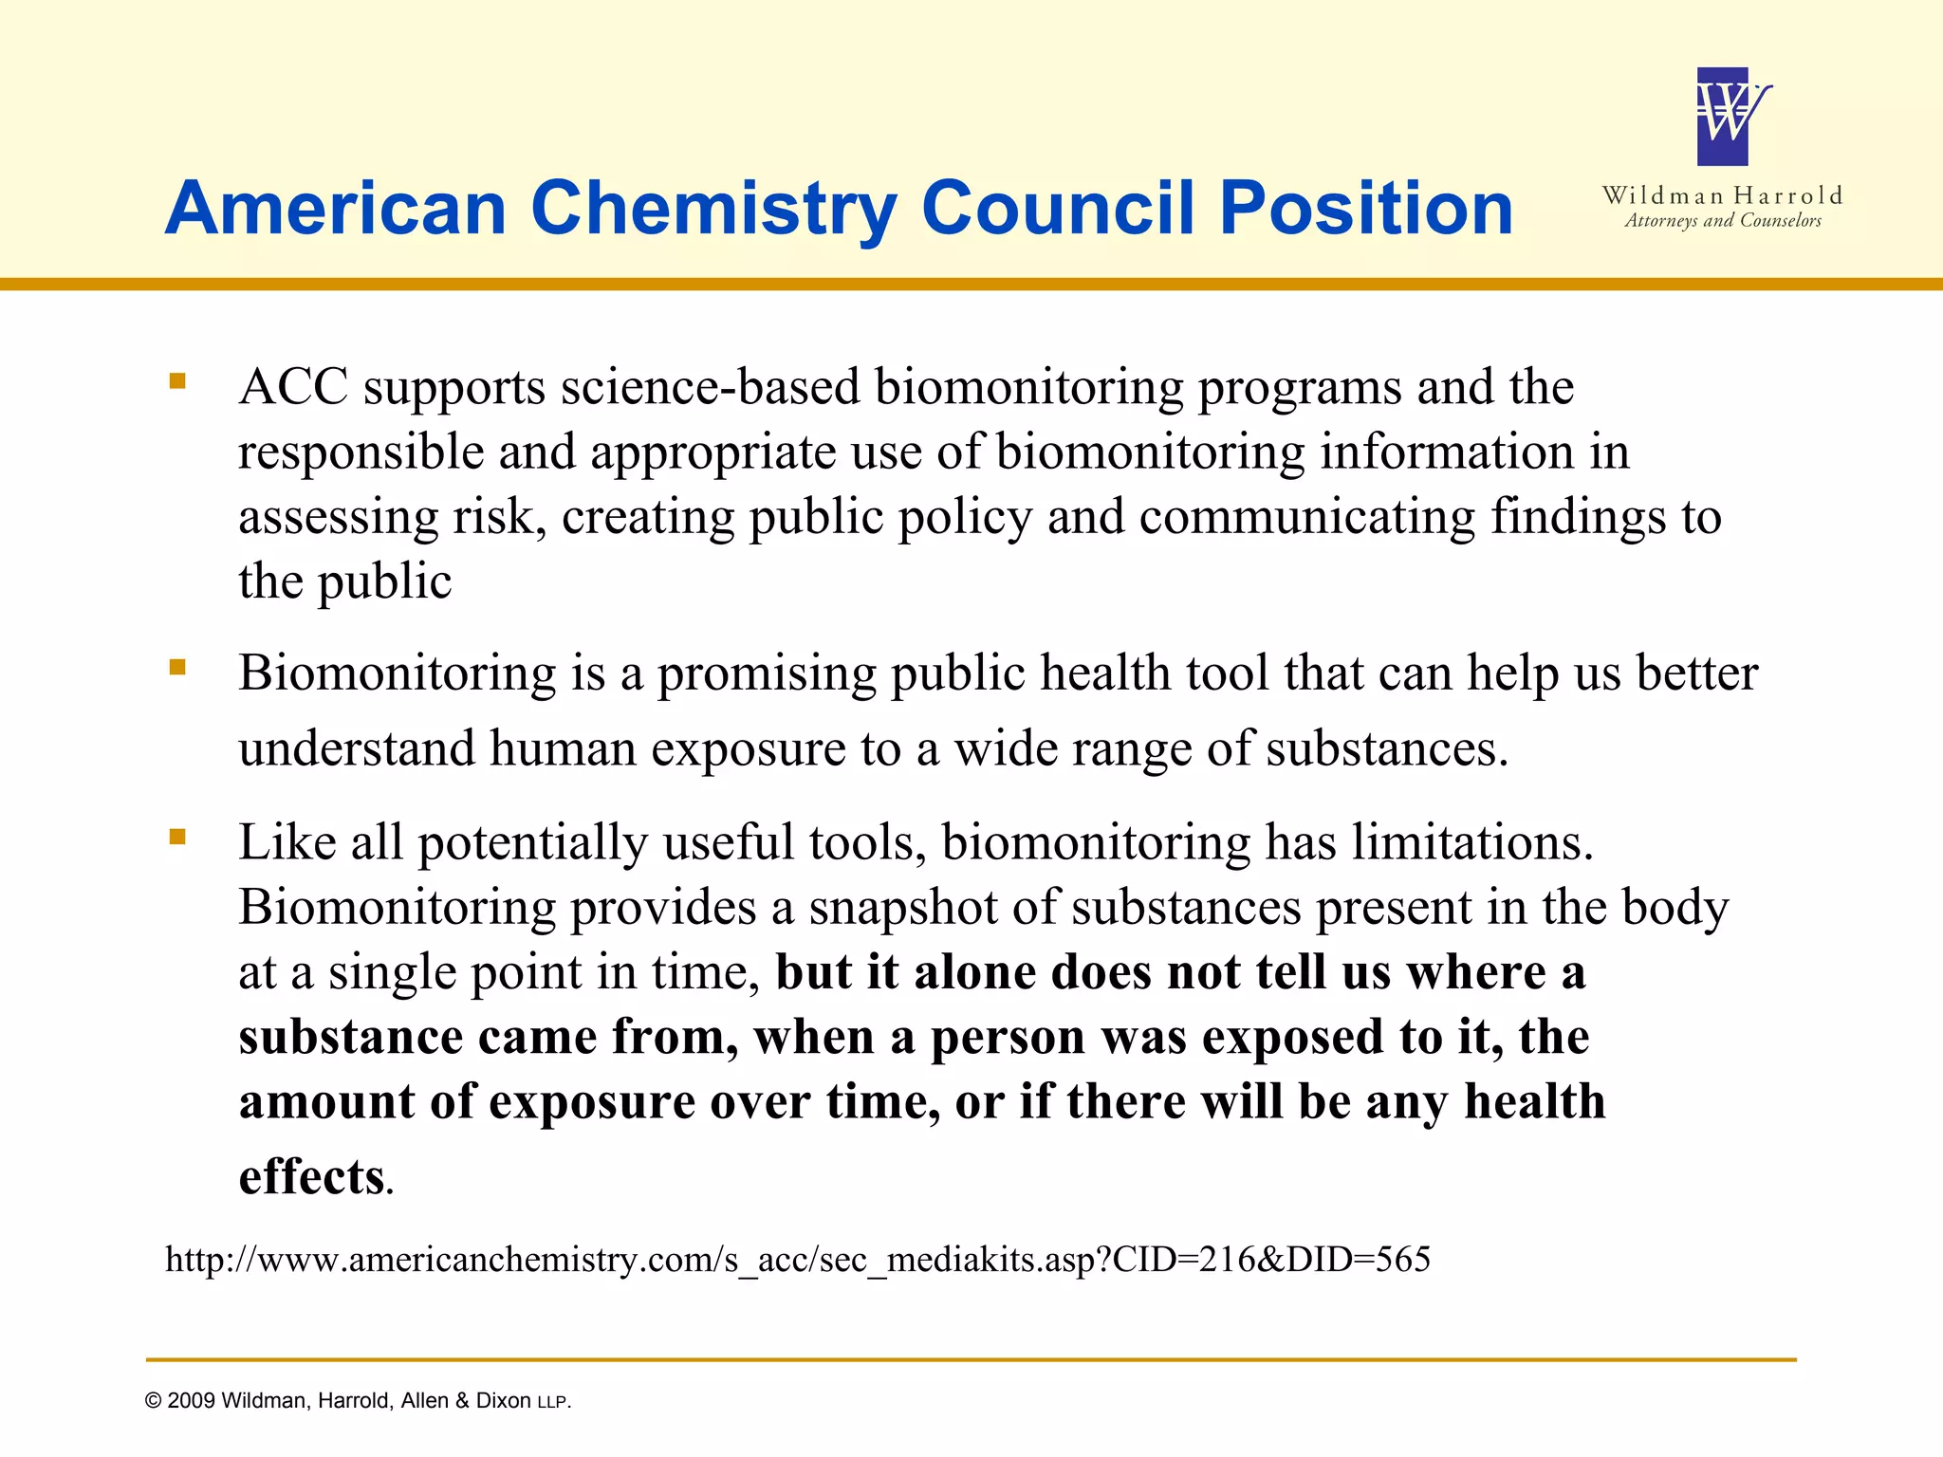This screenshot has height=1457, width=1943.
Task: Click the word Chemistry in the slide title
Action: (x=713, y=211)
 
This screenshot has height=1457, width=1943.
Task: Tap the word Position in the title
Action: (x=1366, y=209)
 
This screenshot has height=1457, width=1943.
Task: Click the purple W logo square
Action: (x=1722, y=117)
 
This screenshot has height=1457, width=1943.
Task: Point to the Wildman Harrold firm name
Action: (x=1722, y=195)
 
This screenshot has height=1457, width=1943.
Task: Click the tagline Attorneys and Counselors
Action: (x=1723, y=221)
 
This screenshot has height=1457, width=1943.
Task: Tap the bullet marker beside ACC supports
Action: (x=177, y=382)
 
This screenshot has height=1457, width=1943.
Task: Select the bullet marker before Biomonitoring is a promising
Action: (x=177, y=668)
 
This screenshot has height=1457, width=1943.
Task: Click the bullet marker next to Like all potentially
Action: (x=177, y=837)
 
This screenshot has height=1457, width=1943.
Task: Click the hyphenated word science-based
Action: (x=710, y=387)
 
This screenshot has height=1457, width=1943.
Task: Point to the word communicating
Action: (x=1307, y=517)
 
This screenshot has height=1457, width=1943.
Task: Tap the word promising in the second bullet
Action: (x=767, y=673)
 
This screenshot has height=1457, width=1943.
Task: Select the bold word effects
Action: (x=311, y=1177)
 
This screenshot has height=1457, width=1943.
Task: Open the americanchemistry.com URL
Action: (x=797, y=1260)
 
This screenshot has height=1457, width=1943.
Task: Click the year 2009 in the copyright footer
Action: (x=191, y=1401)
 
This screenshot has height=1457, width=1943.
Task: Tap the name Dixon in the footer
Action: (x=503, y=1401)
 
